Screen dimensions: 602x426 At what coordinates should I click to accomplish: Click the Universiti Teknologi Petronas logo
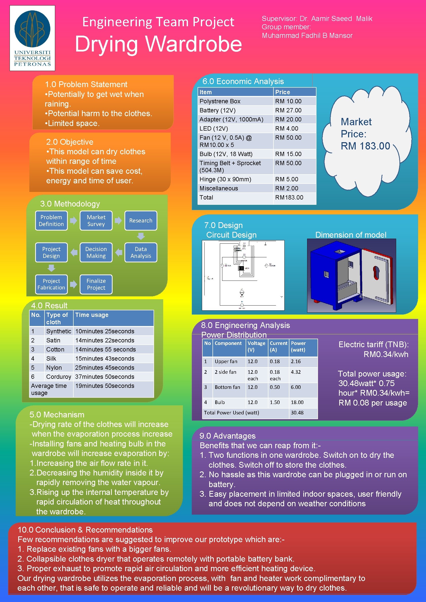tap(32, 38)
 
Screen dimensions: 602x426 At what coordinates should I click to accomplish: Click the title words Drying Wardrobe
tap(158, 44)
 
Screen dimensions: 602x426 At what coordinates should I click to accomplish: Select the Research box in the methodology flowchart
tap(141, 220)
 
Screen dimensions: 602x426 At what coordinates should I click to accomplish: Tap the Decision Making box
tap(96, 252)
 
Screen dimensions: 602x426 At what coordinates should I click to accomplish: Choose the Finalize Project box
tap(96, 284)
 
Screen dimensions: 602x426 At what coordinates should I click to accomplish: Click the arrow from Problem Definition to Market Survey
tap(74, 220)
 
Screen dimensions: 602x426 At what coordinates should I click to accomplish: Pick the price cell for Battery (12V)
tap(288, 110)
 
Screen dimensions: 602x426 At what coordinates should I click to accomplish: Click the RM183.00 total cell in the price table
tap(289, 197)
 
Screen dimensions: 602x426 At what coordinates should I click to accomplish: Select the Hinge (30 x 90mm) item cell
tap(225, 179)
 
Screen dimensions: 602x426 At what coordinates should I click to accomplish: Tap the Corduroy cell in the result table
tap(59, 377)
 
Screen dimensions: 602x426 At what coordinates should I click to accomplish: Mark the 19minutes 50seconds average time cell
tap(104, 386)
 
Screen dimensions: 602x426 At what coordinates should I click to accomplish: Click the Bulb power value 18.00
tap(297, 402)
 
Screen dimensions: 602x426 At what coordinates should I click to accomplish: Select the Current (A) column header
tap(279, 346)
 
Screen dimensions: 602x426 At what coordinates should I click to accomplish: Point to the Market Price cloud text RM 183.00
tap(365, 146)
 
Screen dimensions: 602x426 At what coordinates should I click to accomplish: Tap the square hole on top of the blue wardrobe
tap(339, 252)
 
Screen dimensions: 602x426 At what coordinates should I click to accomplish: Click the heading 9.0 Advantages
tap(227, 436)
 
